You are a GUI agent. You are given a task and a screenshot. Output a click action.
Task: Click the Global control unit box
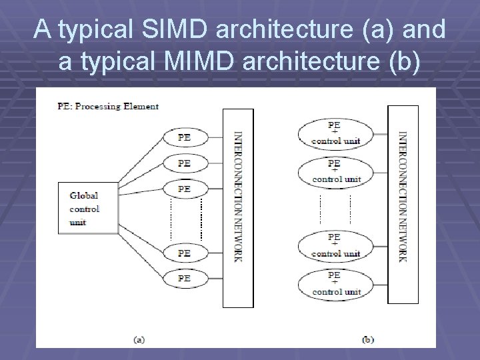click(x=88, y=208)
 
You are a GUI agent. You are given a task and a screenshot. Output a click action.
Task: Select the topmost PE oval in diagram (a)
click(x=184, y=138)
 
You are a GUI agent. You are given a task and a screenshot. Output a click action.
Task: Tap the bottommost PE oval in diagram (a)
click(x=184, y=277)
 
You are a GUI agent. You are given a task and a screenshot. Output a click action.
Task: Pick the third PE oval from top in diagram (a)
click(x=184, y=189)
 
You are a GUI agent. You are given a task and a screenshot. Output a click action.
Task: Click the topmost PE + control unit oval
click(x=335, y=134)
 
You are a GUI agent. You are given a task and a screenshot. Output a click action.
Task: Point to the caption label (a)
click(x=139, y=339)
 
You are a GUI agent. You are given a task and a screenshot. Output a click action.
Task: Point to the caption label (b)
click(x=367, y=339)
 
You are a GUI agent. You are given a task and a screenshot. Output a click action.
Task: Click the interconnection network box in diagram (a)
click(x=237, y=207)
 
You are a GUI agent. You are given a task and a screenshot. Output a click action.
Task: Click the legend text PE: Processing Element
click(x=107, y=107)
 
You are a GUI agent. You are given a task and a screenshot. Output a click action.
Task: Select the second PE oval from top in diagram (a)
click(x=184, y=163)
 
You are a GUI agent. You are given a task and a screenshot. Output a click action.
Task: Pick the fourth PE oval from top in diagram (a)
click(x=184, y=253)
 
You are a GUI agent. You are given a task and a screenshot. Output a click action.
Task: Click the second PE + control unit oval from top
click(x=335, y=171)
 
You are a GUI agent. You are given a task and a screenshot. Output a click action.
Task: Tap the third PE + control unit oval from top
click(x=335, y=246)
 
